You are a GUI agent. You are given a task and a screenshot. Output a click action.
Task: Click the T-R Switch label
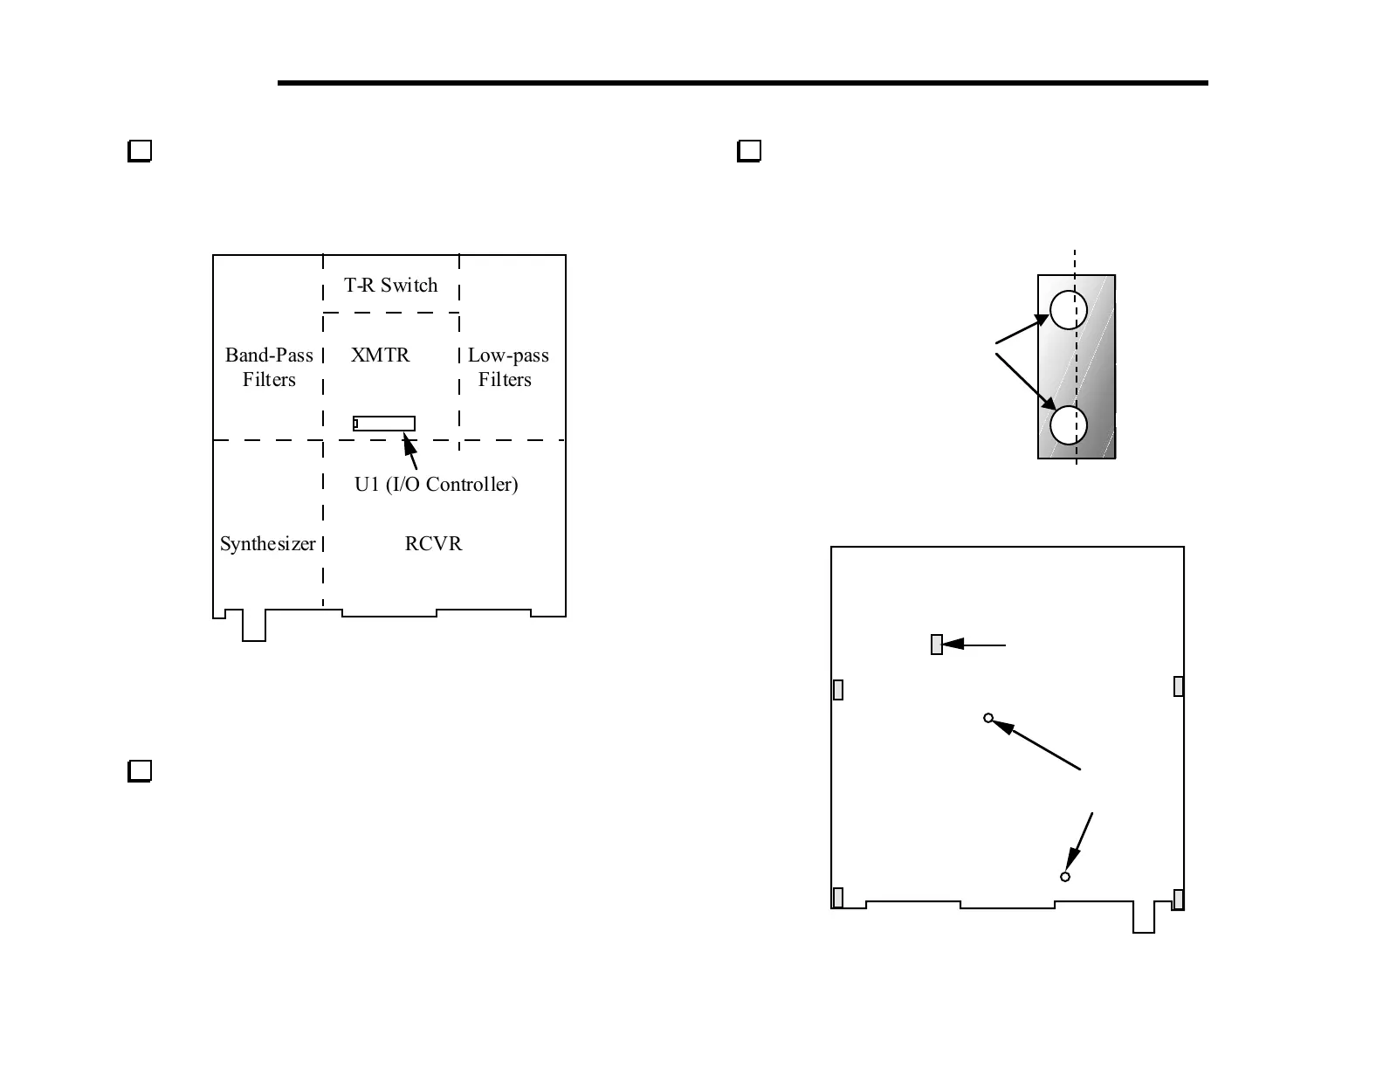(390, 286)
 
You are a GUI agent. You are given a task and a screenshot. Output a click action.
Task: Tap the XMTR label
(380, 355)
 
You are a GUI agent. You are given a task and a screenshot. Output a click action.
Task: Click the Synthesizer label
(267, 544)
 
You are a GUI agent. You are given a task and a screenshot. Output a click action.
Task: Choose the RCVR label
(433, 544)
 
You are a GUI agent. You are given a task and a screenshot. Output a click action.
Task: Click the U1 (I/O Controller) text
(436, 485)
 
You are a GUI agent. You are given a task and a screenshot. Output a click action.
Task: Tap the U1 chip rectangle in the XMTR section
(384, 424)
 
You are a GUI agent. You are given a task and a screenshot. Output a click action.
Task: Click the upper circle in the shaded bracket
(1068, 309)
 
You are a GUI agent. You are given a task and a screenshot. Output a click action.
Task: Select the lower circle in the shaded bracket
(1068, 426)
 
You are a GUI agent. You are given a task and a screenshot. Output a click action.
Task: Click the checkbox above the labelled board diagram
(140, 151)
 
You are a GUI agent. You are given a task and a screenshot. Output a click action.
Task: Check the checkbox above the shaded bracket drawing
(749, 151)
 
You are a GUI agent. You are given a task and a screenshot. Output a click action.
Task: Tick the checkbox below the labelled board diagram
(140, 770)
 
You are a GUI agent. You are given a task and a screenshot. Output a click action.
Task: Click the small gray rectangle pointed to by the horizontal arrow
(937, 645)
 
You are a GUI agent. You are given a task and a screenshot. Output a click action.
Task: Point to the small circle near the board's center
(988, 718)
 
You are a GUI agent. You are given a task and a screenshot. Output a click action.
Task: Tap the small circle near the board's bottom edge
(1065, 876)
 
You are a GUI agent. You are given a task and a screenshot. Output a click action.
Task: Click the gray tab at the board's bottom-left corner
(838, 898)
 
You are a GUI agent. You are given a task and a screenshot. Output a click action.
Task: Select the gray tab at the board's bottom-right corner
(1178, 899)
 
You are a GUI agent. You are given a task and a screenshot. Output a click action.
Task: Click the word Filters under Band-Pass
(269, 380)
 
